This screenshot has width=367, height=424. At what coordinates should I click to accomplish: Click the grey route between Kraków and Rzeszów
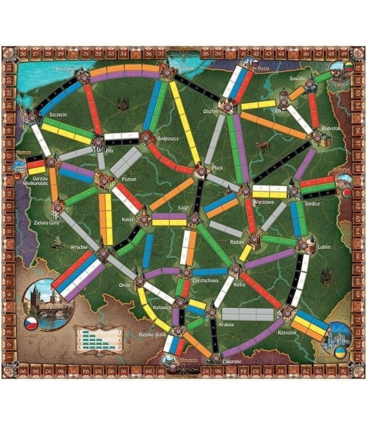click(x=248, y=314)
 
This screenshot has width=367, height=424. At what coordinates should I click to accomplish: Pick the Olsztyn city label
click(x=211, y=111)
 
